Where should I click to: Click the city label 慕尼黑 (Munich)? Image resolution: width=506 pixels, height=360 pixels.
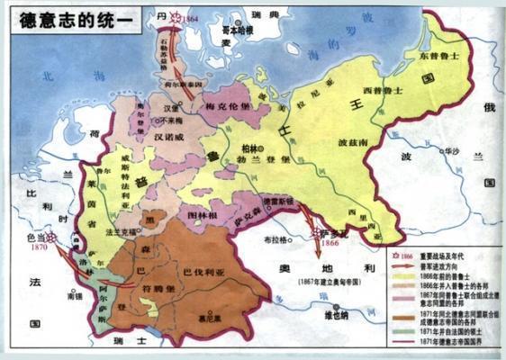[212, 317]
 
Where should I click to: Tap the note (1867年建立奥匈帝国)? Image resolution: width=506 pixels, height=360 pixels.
[337, 283]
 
